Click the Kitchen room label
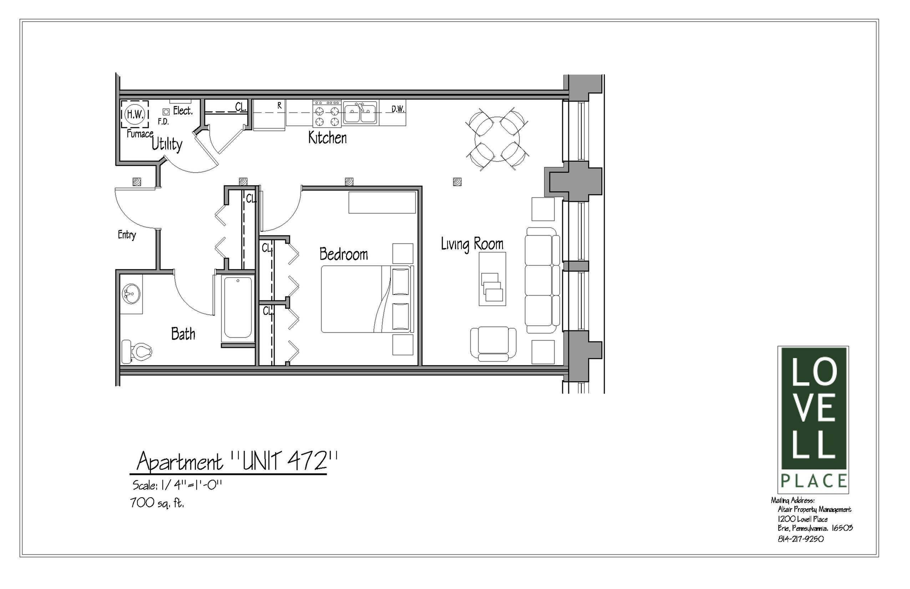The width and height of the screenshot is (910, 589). (x=327, y=138)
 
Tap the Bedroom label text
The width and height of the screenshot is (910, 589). (x=343, y=254)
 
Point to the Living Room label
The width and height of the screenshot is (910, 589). (x=472, y=245)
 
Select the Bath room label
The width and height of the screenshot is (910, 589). (x=183, y=334)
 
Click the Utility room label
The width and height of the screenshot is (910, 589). (x=167, y=145)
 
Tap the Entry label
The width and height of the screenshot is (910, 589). (x=127, y=235)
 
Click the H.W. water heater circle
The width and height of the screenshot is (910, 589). (x=135, y=114)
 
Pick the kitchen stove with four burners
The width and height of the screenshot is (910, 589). (x=327, y=114)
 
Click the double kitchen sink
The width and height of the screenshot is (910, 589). (x=360, y=113)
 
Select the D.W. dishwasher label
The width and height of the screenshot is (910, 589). (x=398, y=109)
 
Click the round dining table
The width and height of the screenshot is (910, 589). (x=497, y=140)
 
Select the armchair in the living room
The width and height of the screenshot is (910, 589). (x=493, y=343)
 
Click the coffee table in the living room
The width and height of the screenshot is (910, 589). (x=492, y=278)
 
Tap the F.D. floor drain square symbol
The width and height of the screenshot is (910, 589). (x=166, y=112)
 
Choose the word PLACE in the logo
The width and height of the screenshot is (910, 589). (x=813, y=481)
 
